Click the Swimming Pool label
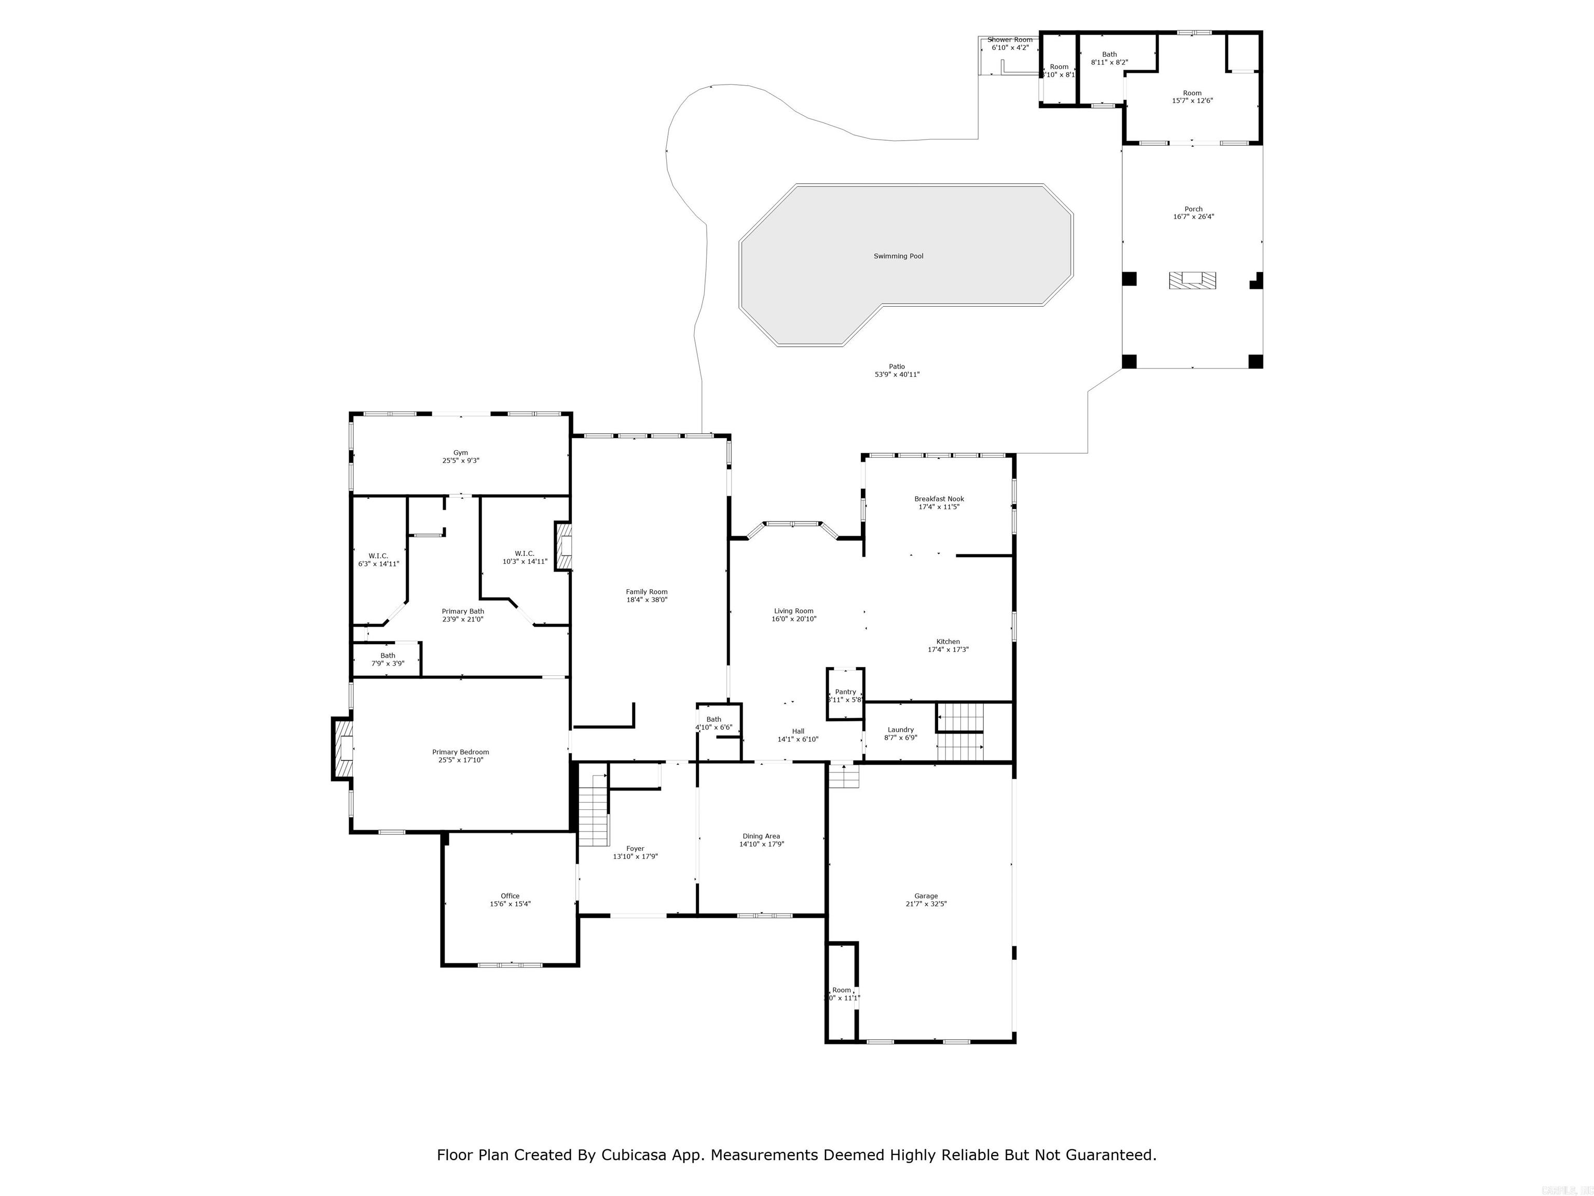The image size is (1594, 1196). (x=898, y=256)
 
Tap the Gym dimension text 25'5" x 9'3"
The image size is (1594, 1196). (x=460, y=460)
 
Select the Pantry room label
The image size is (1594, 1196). (x=845, y=692)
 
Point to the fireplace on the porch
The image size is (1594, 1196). (x=1192, y=280)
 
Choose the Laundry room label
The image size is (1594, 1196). (x=900, y=729)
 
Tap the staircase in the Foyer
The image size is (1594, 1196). (x=595, y=811)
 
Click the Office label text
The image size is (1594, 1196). (x=510, y=896)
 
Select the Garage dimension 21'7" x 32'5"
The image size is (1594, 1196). (x=926, y=904)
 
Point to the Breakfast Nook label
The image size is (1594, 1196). (x=939, y=499)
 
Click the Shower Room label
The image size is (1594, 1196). (x=1010, y=39)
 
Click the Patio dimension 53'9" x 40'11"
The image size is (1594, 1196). (x=897, y=375)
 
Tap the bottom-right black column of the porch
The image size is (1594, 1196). (x=1255, y=361)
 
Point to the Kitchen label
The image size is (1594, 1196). (x=947, y=642)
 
